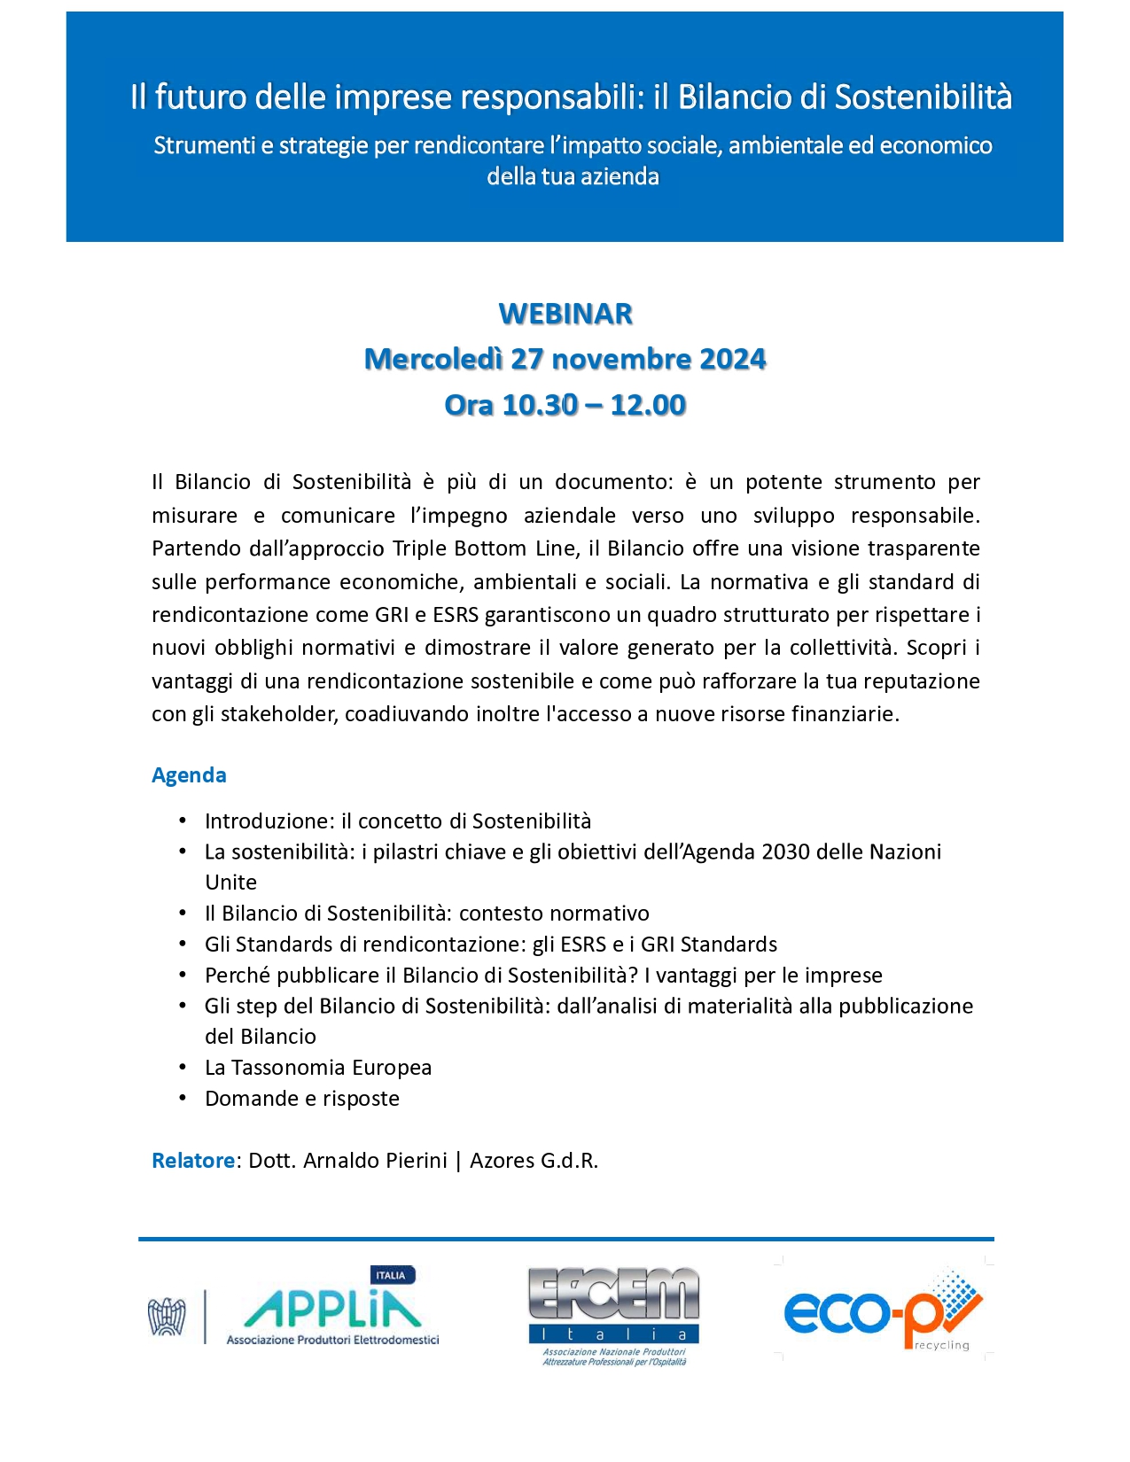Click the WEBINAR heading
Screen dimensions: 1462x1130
pyautogui.click(x=565, y=314)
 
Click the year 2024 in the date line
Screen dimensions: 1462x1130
pyautogui.click(x=732, y=359)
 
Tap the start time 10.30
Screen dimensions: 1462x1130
pyautogui.click(x=540, y=405)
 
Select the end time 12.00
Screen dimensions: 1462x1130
pyautogui.click(x=648, y=405)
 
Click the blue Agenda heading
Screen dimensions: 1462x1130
pyautogui.click(x=189, y=775)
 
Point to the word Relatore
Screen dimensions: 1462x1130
pyautogui.click(x=193, y=1161)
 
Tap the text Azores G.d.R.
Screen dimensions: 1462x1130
pyautogui.click(x=534, y=1161)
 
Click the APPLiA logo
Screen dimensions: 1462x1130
pyautogui.click(x=331, y=1309)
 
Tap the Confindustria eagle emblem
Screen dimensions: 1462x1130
pyautogui.click(x=167, y=1316)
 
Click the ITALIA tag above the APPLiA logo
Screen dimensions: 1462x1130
pyautogui.click(x=391, y=1275)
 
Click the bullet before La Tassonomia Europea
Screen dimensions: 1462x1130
pyautogui.click(x=183, y=1068)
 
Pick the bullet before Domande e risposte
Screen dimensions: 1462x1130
pyautogui.click(x=183, y=1099)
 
